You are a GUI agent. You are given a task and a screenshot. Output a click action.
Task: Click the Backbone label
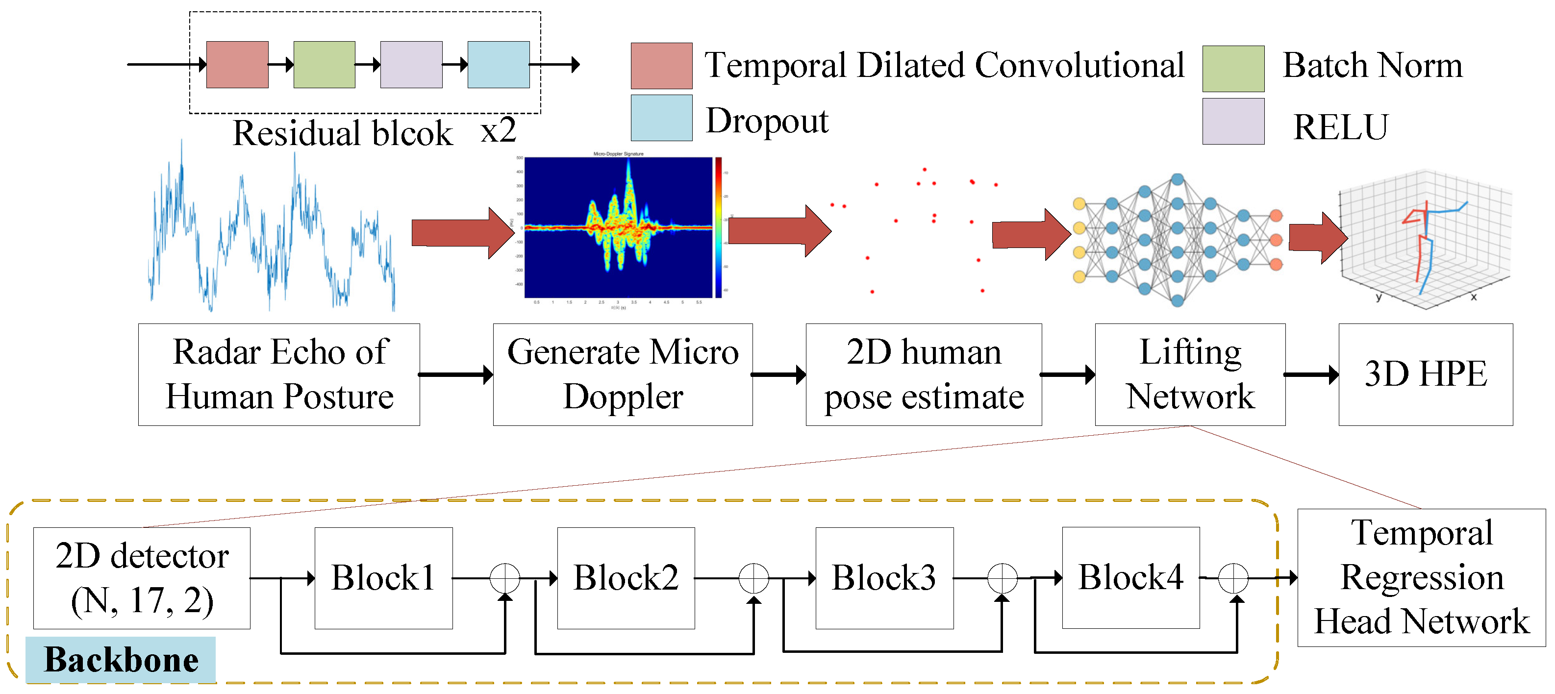pyautogui.click(x=121, y=659)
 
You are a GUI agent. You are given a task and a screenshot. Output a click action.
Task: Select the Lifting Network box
pyautogui.click(x=1189, y=374)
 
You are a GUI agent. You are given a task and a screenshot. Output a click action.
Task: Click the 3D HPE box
pyautogui.click(x=1425, y=374)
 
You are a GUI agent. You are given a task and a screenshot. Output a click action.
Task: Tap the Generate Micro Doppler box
pyautogui.click(x=623, y=374)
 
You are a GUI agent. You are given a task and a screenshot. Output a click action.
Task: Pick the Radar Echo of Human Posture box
pyautogui.click(x=279, y=374)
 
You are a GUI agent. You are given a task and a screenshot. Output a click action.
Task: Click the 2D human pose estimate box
pyautogui.click(x=923, y=374)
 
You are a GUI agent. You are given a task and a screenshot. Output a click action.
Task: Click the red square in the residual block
pyautogui.click(x=237, y=65)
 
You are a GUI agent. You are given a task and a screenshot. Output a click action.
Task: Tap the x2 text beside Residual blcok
pyautogui.click(x=498, y=130)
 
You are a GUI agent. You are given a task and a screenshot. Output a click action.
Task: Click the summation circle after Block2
pyautogui.click(x=753, y=578)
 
